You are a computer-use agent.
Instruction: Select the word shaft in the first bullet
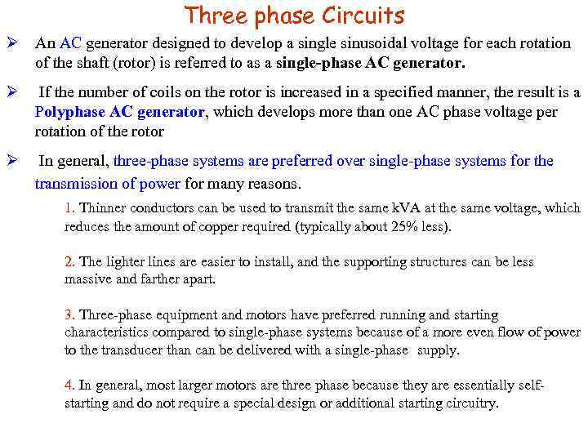(x=99, y=63)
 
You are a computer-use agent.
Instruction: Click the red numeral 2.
(x=69, y=262)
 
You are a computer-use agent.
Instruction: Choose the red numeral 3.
(x=69, y=315)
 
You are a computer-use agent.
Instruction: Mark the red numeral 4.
(x=69, y=385)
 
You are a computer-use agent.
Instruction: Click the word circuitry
(x=468, y=403)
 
